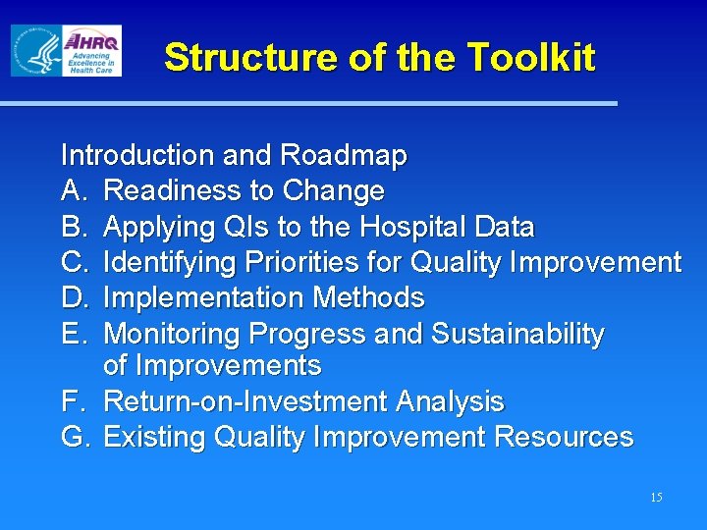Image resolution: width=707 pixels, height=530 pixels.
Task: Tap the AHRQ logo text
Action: pos(91,41)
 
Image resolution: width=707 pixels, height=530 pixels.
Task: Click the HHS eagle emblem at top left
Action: pos(36,51)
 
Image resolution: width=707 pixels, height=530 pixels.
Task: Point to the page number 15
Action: pos(656,498)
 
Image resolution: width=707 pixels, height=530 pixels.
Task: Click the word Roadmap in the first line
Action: pos(343,155)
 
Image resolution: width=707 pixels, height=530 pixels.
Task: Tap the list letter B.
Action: pos(73,227)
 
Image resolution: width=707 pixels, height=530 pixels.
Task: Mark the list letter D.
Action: pos(73,297)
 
